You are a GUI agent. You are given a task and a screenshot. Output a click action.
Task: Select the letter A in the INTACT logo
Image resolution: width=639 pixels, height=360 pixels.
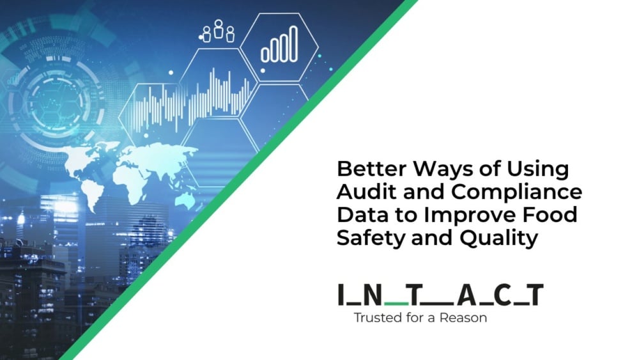click(x=467, y=295)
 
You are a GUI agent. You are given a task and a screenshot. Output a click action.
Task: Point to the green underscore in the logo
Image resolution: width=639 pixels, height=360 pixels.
click(x=397, y=302)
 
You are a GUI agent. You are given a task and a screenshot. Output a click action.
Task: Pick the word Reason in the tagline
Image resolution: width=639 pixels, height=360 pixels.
click(x=466, y=318)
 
